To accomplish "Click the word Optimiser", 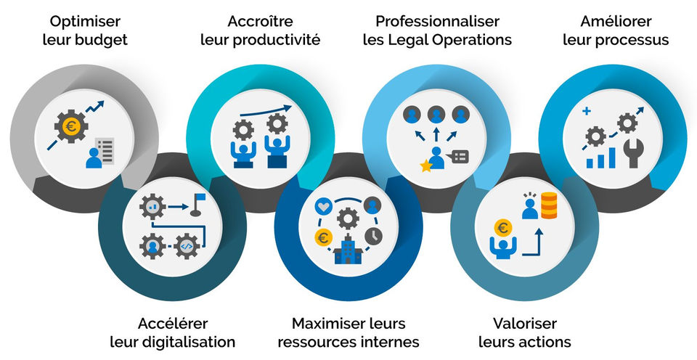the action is pyautogui.click(x=85, y=21).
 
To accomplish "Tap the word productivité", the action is pyautogui.click(x=277, y=40).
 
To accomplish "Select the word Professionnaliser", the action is pyautogui.click(x=437, y=21).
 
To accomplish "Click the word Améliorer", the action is pyautogui.click(x=616, y=21).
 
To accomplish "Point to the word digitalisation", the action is pyautogui.click(x=189, y=343).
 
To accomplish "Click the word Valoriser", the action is pyautogui.click(x=524, y=324).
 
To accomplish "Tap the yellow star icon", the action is pyautogui.click(x=426, y=166).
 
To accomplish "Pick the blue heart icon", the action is pyautogui.click(x=323, y=206).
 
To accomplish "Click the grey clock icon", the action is pyautogui.click(x=373, y=236).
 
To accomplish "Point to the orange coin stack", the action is pyautogui.click(x=549, y=205).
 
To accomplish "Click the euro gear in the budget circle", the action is pyautogui.click(x=70, y=127).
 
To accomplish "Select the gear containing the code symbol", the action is pyautogui.click(x=187, y=246).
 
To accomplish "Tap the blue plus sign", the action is pyautogui.click(x=587, y=110).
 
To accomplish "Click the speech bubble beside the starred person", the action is pyautogui.click(x=460, y=156).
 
